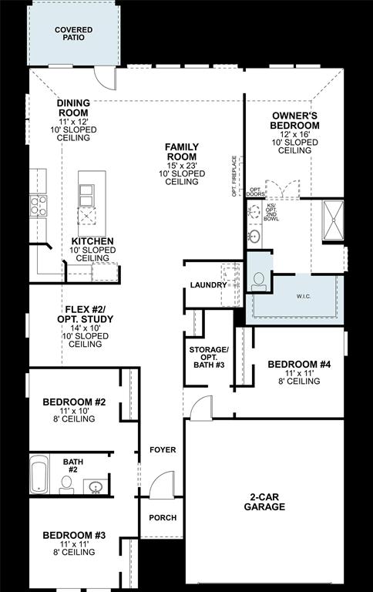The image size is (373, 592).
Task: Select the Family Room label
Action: pos(183,152)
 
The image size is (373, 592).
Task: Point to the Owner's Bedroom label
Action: pos(295,120)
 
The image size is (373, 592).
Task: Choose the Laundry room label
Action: pos(208,285)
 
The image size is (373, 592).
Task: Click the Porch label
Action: pos(163,517)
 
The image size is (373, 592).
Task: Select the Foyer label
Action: pos(163,449)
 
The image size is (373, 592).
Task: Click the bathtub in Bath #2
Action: pos(39,476)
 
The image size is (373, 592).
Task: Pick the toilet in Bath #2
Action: pos(67,484)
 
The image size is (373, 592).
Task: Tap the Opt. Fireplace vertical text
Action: pos(234,177)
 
